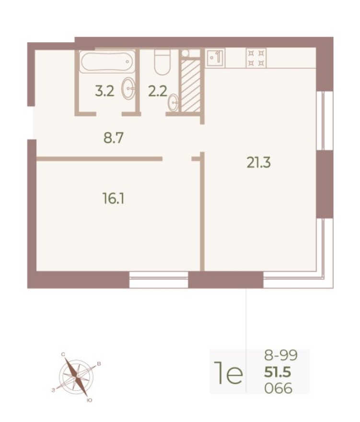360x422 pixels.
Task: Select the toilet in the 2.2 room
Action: click(x=160, y=62)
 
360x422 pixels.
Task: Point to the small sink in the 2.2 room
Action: click(x=174, y=101)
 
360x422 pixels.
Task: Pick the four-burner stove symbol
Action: click(x=255, y=58)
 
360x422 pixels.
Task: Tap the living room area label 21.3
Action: click(x=259, y=164)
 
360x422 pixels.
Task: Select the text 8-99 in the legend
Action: click(x=281, y=356)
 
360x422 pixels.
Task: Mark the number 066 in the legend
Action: click(x=278, y=388)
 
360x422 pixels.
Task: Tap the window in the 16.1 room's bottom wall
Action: click(x=159, y=280)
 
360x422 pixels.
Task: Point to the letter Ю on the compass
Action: click(x=89, y=400)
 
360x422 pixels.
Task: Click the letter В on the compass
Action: click(x=99, y=364)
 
